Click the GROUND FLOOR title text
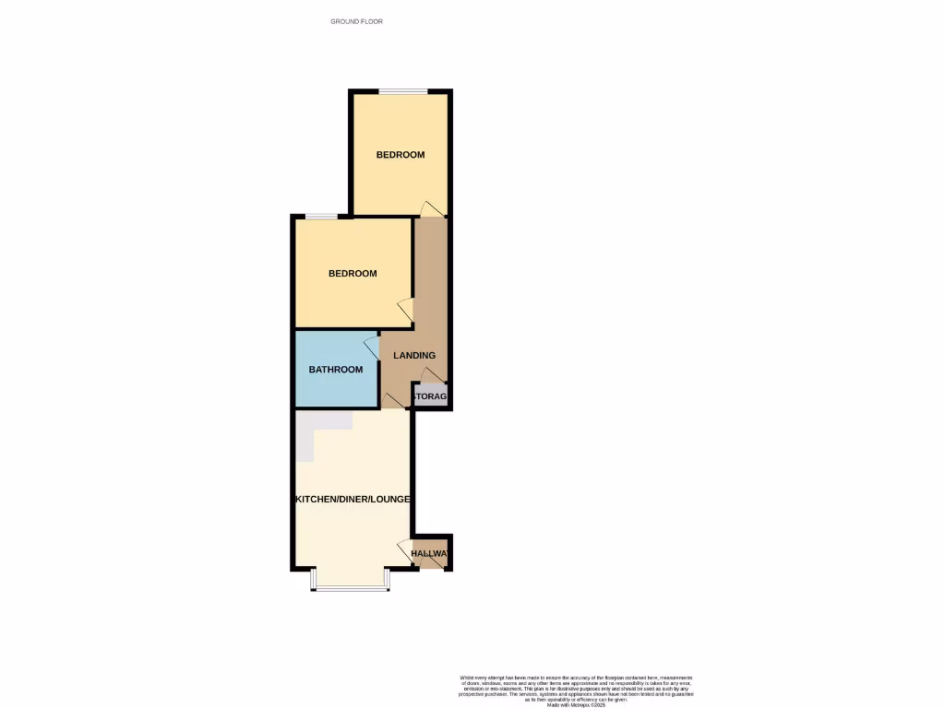[356, 21]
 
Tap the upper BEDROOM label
[401, 155]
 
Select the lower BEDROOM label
[353, 274]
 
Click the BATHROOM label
[336, 370]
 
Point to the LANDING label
[414, 355]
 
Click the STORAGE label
[430, 396]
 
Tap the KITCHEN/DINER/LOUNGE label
[352, 499]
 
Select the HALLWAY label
[430, 554]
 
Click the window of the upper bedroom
[401, 90]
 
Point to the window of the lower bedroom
[321, 217]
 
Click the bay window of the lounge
[351, 586]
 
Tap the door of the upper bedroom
[429, 207]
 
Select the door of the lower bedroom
[404, 310]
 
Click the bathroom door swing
[371, 346]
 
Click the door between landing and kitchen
[393, 400]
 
